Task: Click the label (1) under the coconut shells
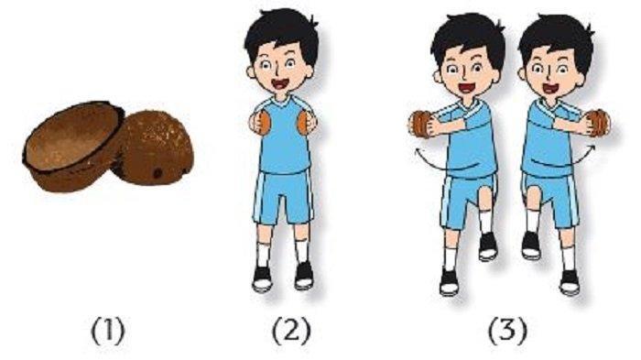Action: point(107,332)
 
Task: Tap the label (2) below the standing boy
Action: point(291,332)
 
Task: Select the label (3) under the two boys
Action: point(508,332)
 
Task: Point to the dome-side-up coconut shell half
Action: point(155,148)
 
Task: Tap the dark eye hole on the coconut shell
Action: point(157,173)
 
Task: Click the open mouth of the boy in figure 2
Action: point(280,84)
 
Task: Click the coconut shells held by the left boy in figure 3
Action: point(421,124)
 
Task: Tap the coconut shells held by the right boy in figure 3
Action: point(599,122)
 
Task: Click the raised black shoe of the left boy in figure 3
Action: point(488,245)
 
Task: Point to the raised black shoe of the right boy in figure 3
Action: point(531,245)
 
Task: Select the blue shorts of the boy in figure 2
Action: point(283,196)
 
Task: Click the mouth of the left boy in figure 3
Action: point(466,88)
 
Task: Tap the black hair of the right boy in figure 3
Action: point(557,38)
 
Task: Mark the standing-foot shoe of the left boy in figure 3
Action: point(449,282)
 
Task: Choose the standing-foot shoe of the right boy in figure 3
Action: point(570,282)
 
